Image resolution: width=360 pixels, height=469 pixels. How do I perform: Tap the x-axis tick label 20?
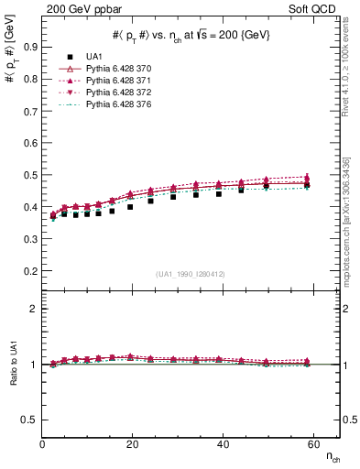click(x=132, y=444)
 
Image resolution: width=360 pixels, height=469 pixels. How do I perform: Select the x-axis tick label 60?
click(x=311, y=444)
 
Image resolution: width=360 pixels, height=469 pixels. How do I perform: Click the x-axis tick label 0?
click(x=43, y=444)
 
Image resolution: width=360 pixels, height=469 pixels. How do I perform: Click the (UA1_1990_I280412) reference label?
click(x=191, y=274)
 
